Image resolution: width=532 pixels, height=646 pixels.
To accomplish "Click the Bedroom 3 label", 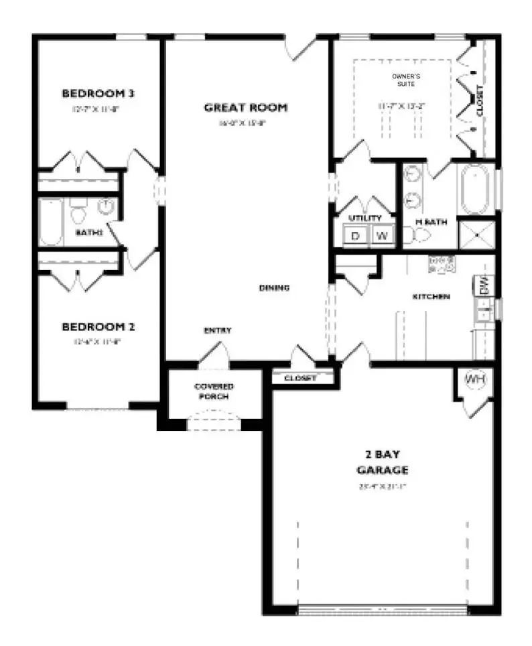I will tap(94, 92).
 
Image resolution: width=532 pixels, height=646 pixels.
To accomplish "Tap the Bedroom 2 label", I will tap(98, 327).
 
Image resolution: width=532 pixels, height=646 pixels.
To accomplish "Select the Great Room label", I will tap(246, 107).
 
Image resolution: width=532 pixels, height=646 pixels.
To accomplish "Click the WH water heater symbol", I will tap(475, 379).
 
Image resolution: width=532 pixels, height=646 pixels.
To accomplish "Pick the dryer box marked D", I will tap(355, 235).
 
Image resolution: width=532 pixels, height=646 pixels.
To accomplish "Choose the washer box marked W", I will tap(381, 235).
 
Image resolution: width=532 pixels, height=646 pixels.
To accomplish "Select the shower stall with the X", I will tap(476, 234).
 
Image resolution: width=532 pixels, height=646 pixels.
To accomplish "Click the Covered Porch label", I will tap(214, 391).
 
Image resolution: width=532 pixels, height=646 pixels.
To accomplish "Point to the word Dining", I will tap(274, 288).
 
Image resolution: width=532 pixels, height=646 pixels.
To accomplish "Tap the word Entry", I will tap(218, 330).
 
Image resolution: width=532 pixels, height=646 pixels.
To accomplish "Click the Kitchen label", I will tap(430, 296).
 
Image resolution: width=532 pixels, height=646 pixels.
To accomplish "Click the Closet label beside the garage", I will tap(300, 378).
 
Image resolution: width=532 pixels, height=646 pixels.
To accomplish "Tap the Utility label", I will tap(365, 218).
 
